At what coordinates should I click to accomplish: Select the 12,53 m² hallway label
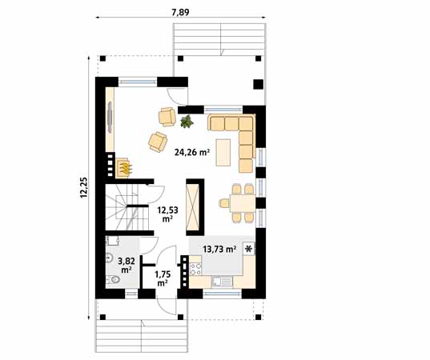coord(167,213)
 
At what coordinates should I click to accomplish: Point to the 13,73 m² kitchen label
coord(219,250)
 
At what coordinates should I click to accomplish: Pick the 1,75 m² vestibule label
coord(162,278)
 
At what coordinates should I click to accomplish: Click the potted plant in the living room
coord(187,122)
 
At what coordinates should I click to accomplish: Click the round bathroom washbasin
coord(108,258)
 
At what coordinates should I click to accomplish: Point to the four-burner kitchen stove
coord(194,266)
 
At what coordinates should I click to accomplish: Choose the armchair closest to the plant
coord(168,118)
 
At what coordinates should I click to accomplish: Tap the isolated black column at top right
coord(258,82)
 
